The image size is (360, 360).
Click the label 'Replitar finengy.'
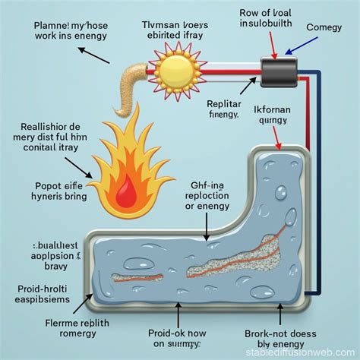[234, 110]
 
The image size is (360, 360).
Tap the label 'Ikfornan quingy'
[292, 112]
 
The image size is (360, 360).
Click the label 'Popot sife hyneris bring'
[52, 189]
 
